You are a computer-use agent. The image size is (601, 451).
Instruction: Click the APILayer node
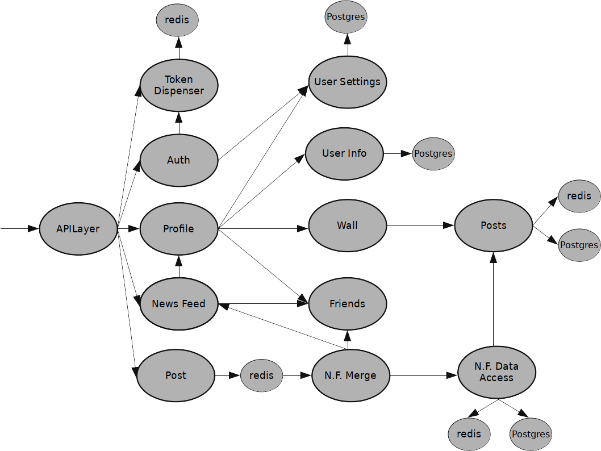tap(78, 229)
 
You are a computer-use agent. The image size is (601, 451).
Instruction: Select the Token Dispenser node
tap(179, 85)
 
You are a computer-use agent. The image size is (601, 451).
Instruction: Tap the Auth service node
tap(179, 160)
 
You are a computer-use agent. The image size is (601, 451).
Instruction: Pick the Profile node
tap(179, 229)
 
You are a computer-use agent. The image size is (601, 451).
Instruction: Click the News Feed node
tap(179, 304)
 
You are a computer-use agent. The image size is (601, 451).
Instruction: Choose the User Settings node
tap(347, 82)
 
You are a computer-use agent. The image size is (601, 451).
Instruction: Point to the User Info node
tap(344, 153)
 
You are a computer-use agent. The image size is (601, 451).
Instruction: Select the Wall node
tap(347, 225)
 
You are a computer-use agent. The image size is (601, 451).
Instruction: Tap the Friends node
tap(347, 304)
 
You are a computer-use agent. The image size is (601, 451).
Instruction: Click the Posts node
tap(493, 225)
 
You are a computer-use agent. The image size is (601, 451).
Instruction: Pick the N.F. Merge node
tap(350, 375)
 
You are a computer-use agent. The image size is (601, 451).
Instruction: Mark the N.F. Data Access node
tap(496, 373)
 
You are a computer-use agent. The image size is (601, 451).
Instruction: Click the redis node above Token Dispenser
tap(177, 20)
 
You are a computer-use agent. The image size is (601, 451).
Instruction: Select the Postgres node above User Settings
tap(346, 16)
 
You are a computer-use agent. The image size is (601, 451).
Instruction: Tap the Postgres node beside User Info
tap(433, 153)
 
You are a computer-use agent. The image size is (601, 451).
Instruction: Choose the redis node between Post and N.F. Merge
tap(261, 375)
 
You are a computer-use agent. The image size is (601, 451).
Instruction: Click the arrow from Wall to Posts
tap(420, 225)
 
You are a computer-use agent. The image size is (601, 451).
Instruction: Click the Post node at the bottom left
tap(176, 375)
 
